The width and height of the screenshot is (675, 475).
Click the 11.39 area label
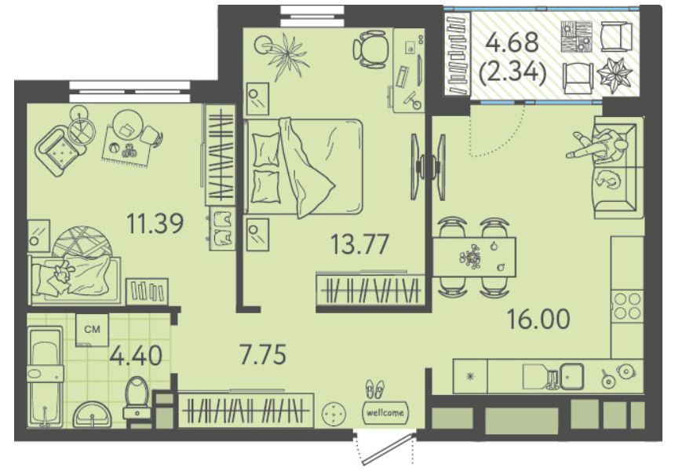pos(155,223)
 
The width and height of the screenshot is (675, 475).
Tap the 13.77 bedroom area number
pos(360,243)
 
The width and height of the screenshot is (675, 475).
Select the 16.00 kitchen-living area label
pos(538,319)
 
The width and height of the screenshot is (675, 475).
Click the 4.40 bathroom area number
pos(136,356)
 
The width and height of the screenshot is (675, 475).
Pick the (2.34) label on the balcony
pos(513,71)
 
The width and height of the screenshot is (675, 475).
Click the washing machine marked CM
pos(92,330)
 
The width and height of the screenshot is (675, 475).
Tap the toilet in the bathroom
pos(137,397)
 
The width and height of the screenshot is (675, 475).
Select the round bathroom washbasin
pos(92,415)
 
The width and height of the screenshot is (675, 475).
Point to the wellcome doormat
pos(385,412)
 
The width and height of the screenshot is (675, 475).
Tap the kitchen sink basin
pos(571,376)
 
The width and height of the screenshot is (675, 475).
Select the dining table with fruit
pos(474,257)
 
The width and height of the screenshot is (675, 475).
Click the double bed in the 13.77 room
pos(303,166)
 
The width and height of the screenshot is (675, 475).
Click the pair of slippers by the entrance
pos(375,389)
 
